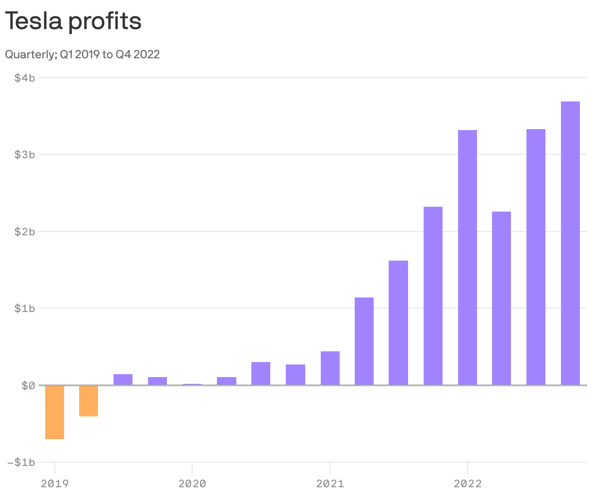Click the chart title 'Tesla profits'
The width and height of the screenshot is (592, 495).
pos(73,21)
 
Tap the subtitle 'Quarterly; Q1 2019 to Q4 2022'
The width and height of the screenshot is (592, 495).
pos(82,54)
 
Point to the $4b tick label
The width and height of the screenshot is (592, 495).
pos(25,78)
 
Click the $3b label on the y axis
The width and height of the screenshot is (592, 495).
pos(25,154)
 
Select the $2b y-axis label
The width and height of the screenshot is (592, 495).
pos(25,231)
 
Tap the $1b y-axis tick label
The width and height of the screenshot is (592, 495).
pos(25,308)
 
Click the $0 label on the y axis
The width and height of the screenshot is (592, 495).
pos(27,385)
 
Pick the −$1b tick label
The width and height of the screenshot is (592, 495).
pos(22,462)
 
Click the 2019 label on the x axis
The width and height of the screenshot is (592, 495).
pos(55,483)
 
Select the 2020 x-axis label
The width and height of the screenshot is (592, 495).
pos(192,483)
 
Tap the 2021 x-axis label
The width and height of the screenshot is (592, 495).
pos(330,483)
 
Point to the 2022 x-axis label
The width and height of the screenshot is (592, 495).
pos(467,483)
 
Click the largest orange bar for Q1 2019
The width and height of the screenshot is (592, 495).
pos(54,412)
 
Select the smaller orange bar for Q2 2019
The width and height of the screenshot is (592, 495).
pos(89,401)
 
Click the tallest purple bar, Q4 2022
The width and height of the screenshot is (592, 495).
pos(570,243)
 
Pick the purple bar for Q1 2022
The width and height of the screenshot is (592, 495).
pos(467,258)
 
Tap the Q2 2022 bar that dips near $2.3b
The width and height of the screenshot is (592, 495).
pos(501,298)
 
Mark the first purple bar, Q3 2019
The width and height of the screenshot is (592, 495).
pos(123,379)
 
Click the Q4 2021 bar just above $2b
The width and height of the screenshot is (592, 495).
pos(433,296)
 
